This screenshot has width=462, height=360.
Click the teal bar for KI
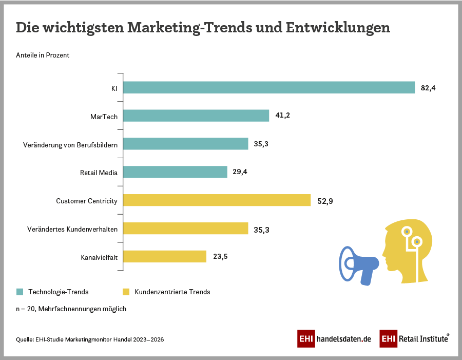[269, 88]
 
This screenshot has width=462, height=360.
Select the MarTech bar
[196, 116]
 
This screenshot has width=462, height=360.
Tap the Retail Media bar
[175, 172]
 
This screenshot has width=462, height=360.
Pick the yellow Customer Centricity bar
[217, 200]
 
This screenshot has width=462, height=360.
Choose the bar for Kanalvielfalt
[165, 256]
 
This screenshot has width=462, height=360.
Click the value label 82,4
[428, 88]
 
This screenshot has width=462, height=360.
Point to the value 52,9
[325, 200]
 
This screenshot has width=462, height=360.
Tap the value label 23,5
[220, 256]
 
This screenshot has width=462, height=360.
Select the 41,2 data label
[283, 116]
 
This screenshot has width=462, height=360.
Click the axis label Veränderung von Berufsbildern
[70, 145]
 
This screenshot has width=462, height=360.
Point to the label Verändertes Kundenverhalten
[72, 229]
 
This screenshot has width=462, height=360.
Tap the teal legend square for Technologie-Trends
[20, 292]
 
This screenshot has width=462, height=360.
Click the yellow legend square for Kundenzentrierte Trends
[126, 292]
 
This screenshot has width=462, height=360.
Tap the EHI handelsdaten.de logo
[334, 339]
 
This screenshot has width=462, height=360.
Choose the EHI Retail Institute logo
[414, 339]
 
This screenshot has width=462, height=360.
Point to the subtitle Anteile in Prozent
[43, 55]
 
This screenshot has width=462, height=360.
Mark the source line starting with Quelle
[90, 339]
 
